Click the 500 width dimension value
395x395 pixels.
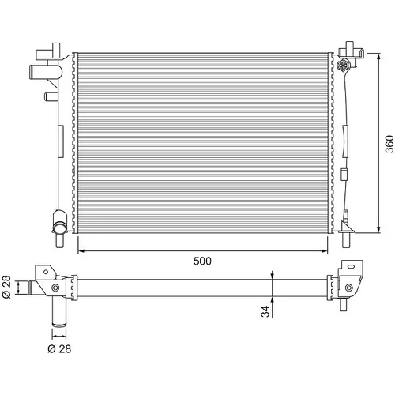coord(202,261)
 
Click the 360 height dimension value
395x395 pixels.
coord(389,144)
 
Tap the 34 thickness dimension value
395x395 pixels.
coord(265,311)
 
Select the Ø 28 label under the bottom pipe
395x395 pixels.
coord(59,349)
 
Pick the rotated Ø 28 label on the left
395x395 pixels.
coord(6,287)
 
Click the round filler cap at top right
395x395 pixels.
coord(344,65)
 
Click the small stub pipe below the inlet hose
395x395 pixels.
coord(51,96)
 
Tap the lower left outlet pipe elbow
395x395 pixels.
coord(60,222)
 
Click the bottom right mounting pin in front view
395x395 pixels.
coord(346,240)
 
